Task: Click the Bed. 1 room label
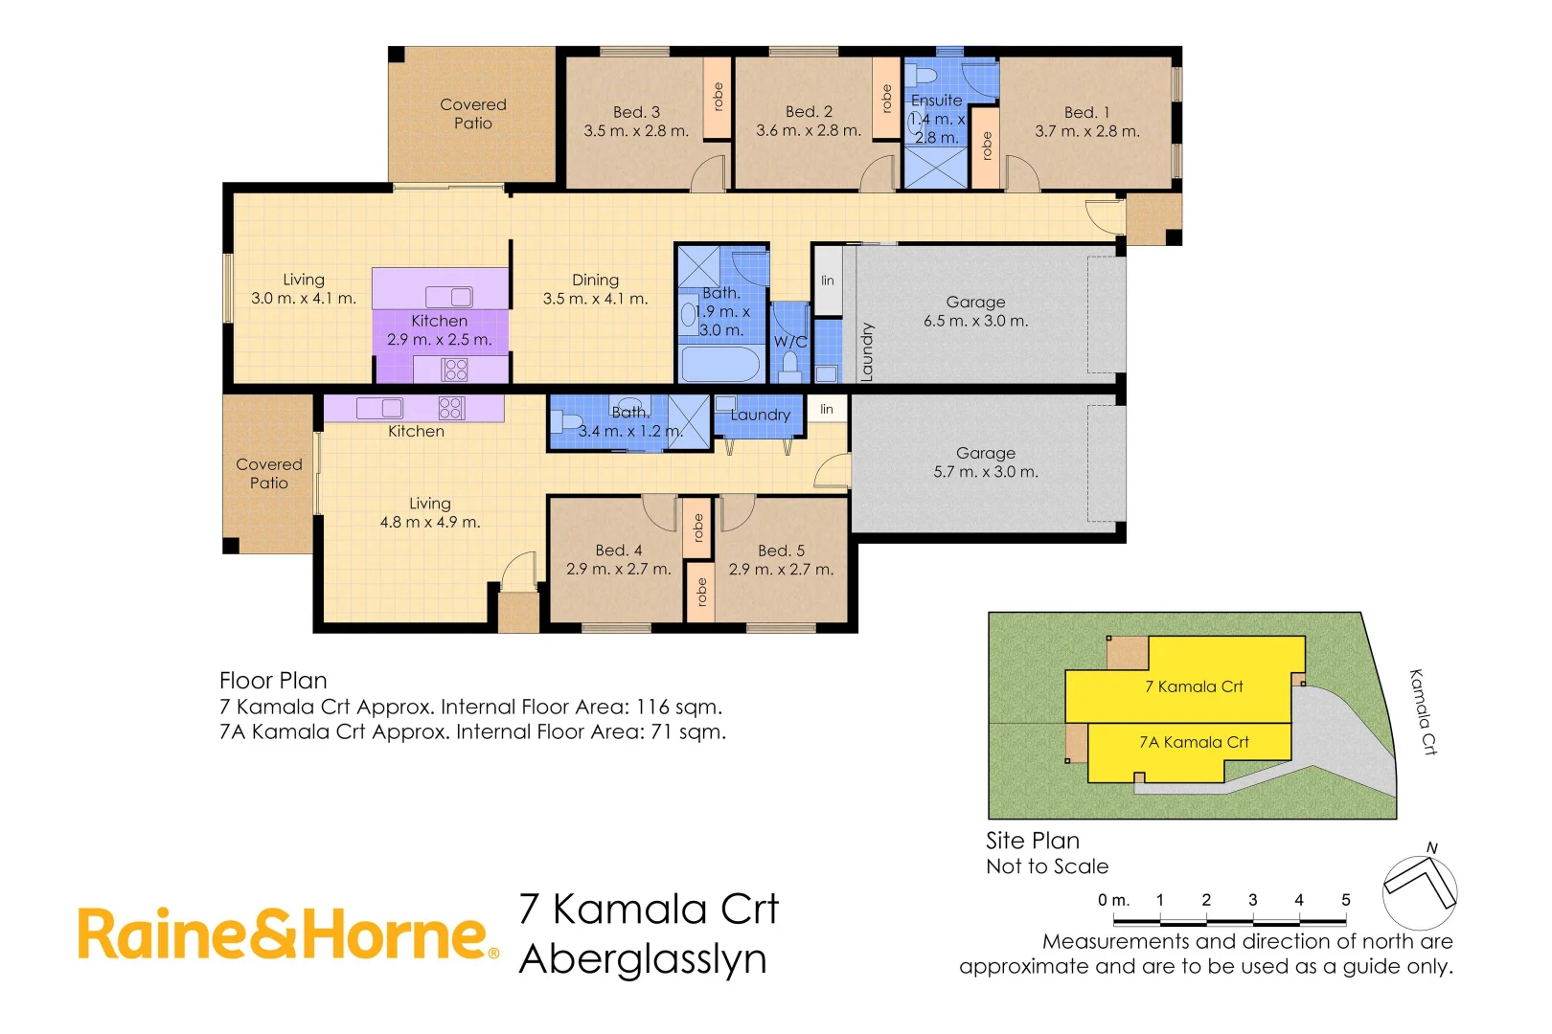[x=1086, y=113]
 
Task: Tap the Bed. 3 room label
[x=636, y=113]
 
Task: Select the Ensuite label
[x=936, y=101]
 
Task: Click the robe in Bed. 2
[x=886, y=98]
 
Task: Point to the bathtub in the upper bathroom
[x=719, y=365]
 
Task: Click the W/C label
[x=790, y=342]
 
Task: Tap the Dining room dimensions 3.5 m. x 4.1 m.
[x=595, y=299]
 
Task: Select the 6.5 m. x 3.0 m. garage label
[x=975, y=321]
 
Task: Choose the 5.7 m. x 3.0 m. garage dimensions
[x=985, y=472]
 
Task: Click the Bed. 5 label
[x=781, y=551]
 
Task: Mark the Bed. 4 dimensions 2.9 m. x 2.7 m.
[x=618, y=569]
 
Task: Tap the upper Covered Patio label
[x=473, y=114]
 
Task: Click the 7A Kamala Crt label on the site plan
[x=1194, y=742]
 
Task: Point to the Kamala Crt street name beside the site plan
[x=1423, y=711]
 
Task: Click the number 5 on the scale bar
[x=1345, y=900]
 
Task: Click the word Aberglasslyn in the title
[x=643, y=959]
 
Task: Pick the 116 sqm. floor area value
[x=678, y=708]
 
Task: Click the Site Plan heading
[x=1032, y=841]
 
